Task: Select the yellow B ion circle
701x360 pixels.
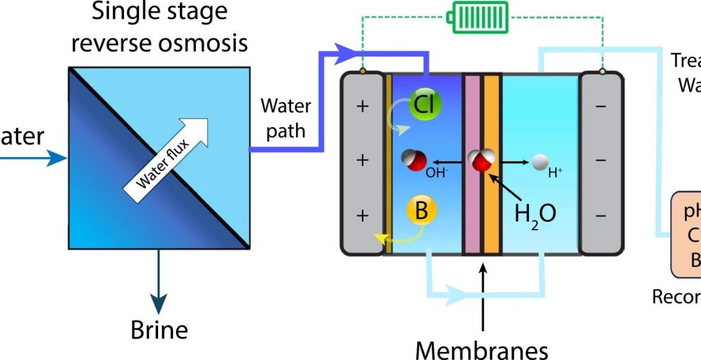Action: (x=422, y=211)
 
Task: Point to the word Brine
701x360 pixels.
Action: (x=159, y=330)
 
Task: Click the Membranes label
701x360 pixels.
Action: (x=481, y=349)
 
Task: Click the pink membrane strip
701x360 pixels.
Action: (x=472, y=164)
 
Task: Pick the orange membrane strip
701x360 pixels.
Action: (x=492, y=164)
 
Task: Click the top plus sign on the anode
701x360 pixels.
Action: (x=363, y=106)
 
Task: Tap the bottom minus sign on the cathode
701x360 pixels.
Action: (x=601, y=215)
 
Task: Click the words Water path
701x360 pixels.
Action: (x=285, y=118)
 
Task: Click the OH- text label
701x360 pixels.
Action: (x=436, y=173)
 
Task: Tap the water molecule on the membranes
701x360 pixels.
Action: (x=481, y=161)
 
